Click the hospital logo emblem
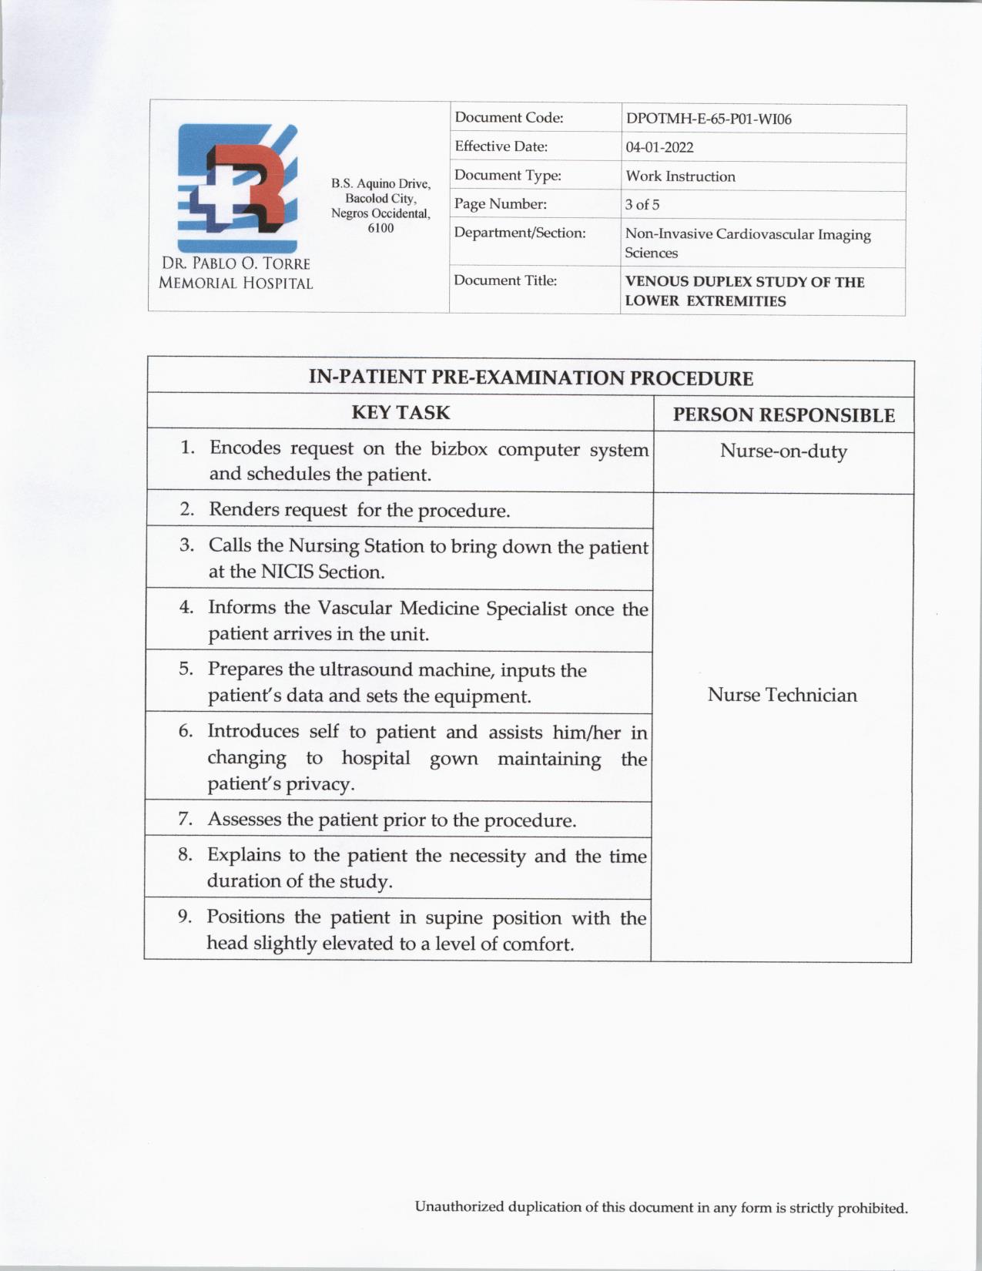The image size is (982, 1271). point(236,185)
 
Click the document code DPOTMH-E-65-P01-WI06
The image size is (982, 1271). point(709,119)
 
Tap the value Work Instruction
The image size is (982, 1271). point(680,176)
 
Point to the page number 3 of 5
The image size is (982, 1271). point(642,205)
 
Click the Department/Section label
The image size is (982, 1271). point(520,233)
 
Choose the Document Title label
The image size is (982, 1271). point(505,280)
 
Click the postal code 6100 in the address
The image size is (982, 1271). point(380,228)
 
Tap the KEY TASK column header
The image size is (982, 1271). point(401,412)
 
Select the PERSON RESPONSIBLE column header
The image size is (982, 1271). point(783,415)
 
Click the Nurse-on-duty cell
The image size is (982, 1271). point(783,451)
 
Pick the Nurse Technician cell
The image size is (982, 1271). point(782,695)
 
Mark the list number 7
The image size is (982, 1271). point(185,819)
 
